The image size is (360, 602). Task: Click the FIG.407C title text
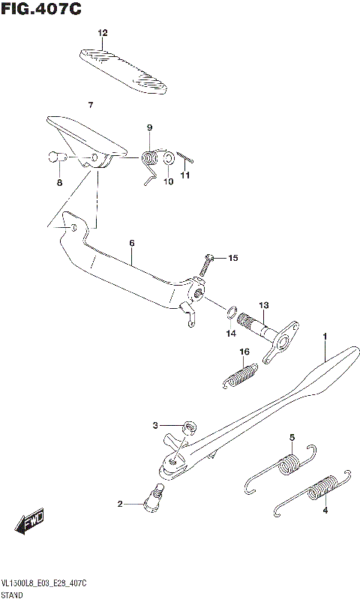pyautogui.click(x=40, y=9)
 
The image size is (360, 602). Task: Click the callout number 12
pyautogui.click(x=103, y=32)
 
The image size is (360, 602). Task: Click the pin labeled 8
pyautogui.click(x=55, y=157)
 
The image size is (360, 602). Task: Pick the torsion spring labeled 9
pyautogui.click(x=151, y=158)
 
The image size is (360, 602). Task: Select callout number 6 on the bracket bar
pyautogui.click(x=131, y=243)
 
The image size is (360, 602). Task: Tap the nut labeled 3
pyautogui.click(x=188, y=427)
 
